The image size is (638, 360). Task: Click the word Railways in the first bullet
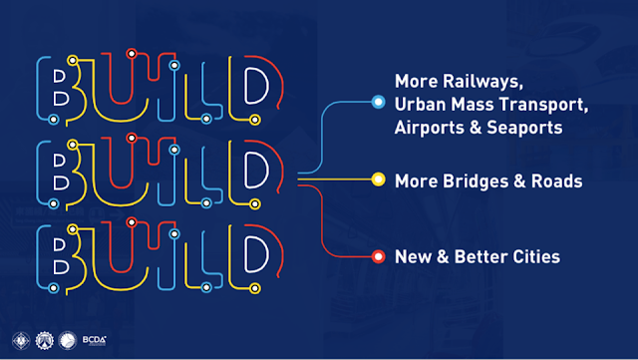tap(482, 82)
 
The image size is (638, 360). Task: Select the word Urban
tap(420, 105)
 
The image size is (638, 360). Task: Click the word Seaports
tap(524, 128)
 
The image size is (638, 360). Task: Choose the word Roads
tap(556, 181)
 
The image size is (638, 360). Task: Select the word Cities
tap(536, 256)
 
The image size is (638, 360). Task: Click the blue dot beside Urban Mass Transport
tap(378, 102)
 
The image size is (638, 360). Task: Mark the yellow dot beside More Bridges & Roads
tap(378, 180)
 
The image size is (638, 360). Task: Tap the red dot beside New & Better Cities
tap(378, 256)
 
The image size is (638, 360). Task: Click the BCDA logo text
tap(95, 340)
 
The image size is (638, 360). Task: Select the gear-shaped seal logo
tap(44, 340)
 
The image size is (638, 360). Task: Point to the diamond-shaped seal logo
tap(21, 340)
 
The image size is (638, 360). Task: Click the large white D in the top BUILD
tap(244, 86)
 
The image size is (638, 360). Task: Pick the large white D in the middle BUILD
tap(244, 171)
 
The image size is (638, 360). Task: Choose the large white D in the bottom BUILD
tap(244, 254)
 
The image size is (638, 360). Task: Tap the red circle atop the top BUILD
tap(132, 53)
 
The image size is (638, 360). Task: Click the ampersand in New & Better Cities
tap(443, 256)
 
